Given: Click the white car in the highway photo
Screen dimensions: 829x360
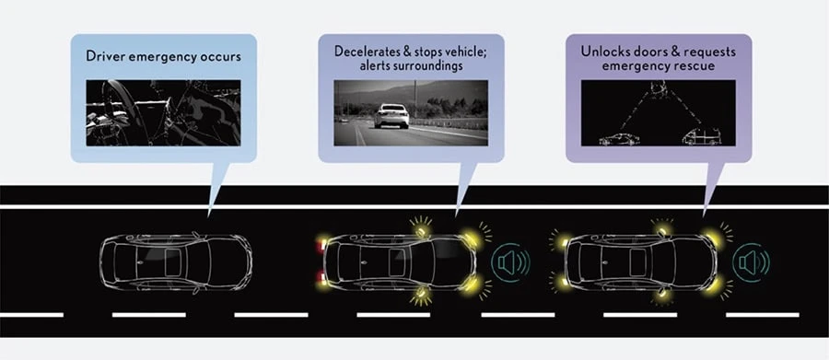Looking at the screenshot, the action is pyautogui.click(x=391, y=116).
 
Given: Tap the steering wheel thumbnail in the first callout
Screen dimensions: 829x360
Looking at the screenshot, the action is pyautogui.click(x=163, y=112).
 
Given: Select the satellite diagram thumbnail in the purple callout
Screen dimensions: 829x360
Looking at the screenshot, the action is pyautogui.click(x=659, y=112).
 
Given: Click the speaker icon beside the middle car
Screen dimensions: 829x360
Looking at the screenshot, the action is pyautogui.click(x=509, y=262).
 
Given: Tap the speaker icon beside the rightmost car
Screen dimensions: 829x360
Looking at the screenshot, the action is pyautogui.click(x=751, y=262).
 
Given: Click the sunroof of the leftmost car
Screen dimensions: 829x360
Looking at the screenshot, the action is pyautogui.click(x=173, y=262).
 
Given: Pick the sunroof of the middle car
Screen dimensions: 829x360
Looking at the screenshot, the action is pyautogui.click(x=396, y=262).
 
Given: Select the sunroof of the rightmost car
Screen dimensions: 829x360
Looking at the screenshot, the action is pyautogui.click(x=638, y=262).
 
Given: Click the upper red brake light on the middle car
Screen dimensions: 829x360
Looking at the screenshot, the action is pyautogui.click(x=320, y=246).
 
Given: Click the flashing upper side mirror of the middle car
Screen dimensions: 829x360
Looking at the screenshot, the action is pyautogui.click(x=421, y=230).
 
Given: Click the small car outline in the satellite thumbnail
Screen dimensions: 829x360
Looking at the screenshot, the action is pyautogui.click(x=619, y=139).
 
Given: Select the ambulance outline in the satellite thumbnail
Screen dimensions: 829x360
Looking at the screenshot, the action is pyautogui.click(x=702, y=136).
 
